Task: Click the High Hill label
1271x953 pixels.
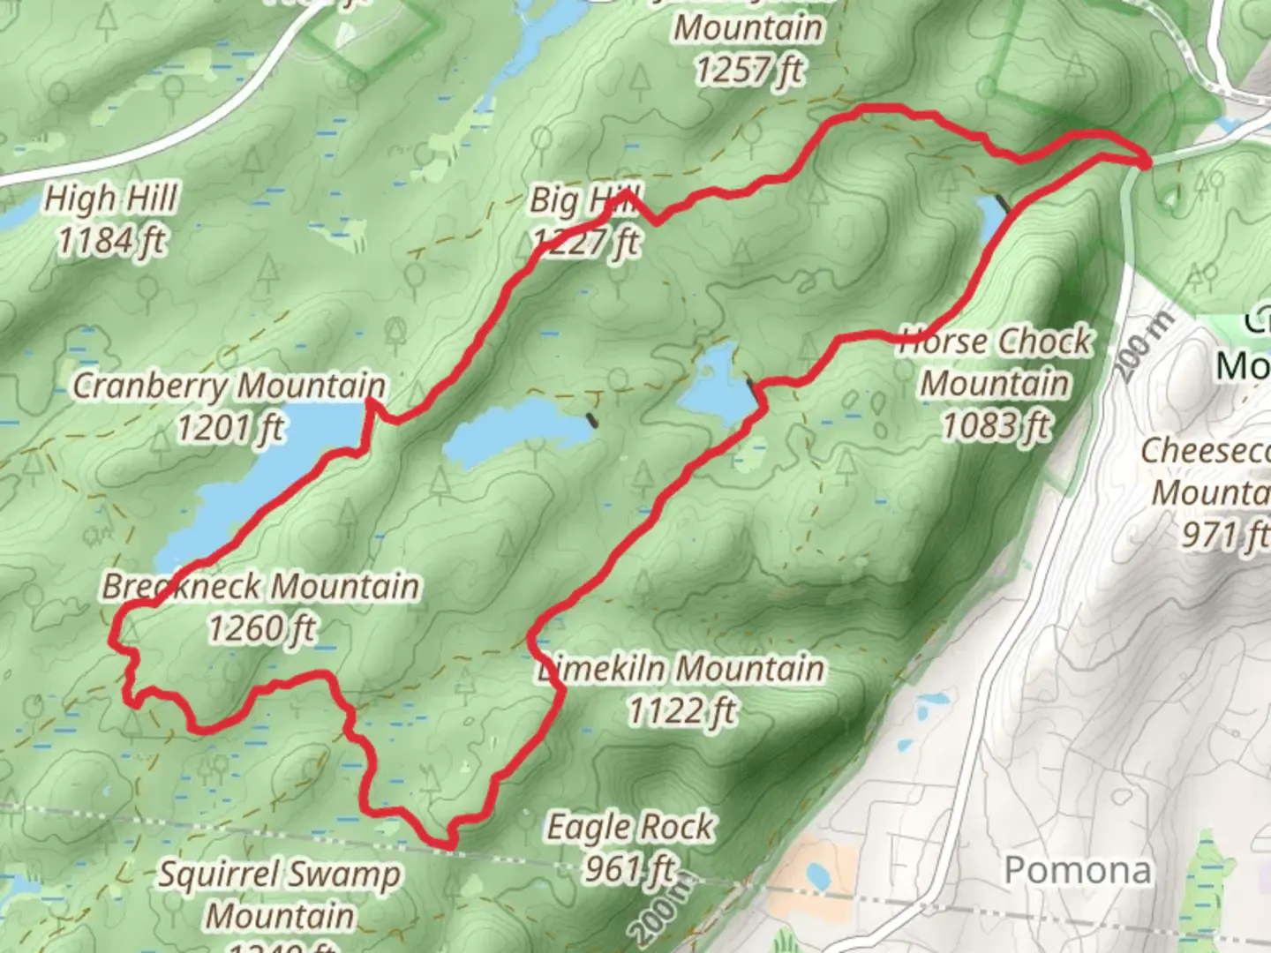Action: coord(111,199)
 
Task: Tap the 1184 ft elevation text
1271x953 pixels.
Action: coord(111,240)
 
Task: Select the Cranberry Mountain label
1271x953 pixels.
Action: coord(229,386)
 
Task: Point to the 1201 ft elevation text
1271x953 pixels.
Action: coord(229,428)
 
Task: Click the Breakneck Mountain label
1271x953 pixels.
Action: coord(260,586)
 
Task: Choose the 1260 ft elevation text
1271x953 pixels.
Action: coord(261,628)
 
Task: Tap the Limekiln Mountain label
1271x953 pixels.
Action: coord(681,668)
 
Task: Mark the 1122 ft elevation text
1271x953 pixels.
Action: coord(681,710)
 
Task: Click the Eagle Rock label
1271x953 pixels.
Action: coord(630,827)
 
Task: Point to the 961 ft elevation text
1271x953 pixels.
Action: coord(630,869)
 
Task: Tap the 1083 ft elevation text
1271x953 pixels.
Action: coord(996,425)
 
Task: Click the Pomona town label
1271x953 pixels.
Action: coord(1078,870)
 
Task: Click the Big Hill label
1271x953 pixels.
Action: coord(584,200)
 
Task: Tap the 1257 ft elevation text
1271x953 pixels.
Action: coord(748,69)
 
